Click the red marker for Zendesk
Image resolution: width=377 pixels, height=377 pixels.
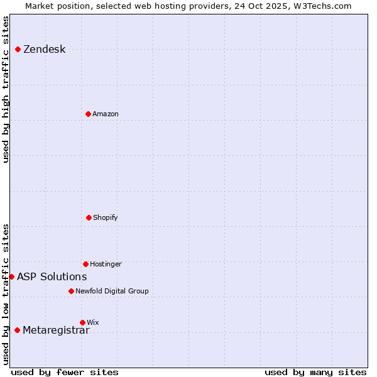pyautogui.click(x=18, y=49)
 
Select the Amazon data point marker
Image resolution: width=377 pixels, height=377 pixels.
pyautogui.click(x=88, y=114)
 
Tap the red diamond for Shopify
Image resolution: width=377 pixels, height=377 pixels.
pyautogui.click(x=89, y=217)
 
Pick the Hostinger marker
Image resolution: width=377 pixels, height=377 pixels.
pyautogui.click(x=85, y=264)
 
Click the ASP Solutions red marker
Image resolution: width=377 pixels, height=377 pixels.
pyautogui.click(x=11, y=276)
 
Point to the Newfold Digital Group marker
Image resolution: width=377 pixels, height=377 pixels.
pyautogui.click(x=71, y=291)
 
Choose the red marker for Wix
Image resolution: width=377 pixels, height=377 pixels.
pyautogui.click(x=82, y=322)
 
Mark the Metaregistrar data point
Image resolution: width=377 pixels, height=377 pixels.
pyautogui.click(x=17, y=330)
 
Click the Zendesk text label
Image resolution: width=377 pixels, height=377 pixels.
pyautogui.click(x=44, y=50)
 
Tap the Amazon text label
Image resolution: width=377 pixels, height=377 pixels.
pyautogui.click(x=106, y=114)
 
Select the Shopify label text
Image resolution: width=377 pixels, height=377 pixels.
pyautogui.click(x=106, y=218)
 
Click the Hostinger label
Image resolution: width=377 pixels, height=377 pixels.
pyautogui.click(x=106, y=265)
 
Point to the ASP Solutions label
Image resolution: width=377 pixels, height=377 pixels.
pyautogui.click(x=52, y=277)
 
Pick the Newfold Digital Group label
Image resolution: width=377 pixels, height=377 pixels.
pyautogui.click(x=112, y=292)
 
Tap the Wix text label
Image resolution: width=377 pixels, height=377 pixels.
pyautogui.click(x=93, y=323)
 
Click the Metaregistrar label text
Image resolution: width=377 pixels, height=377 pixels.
pyautogui.click(x=56, y=331)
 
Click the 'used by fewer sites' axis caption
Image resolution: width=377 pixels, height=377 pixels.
pyautogui.click(x=65, y=372)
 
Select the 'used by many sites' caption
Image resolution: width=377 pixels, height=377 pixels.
pyautogui.click(x=315, y=372)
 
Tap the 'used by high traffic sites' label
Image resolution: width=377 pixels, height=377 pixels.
pyautogui.click(x=6, y=89)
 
